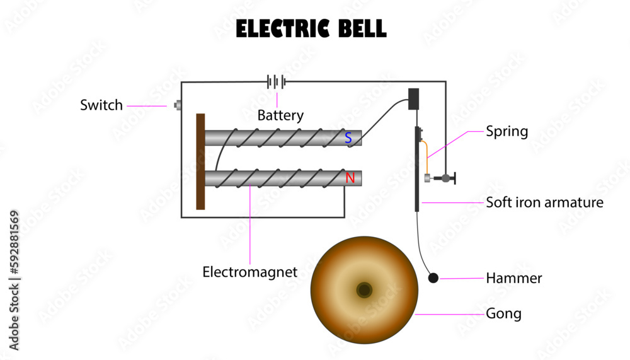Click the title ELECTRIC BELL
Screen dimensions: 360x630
point(311,29)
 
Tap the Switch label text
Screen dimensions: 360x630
point(101,105)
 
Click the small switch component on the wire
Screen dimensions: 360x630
point(178,105)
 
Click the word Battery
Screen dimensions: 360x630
point(280,116)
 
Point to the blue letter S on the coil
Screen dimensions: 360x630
point(348,137)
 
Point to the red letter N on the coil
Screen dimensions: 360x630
point(350,178)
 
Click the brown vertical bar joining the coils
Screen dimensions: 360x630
point(200,161)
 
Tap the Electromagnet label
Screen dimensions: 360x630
point(249,272)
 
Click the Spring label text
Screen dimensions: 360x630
point(507,132)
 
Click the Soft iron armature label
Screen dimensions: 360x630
point(544,203)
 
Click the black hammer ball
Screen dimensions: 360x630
point(433,278)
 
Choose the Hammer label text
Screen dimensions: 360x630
point(513,278)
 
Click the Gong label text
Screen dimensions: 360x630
point(503,313)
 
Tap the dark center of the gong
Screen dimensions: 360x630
point(364,290)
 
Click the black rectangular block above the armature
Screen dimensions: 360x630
point(414,99)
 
